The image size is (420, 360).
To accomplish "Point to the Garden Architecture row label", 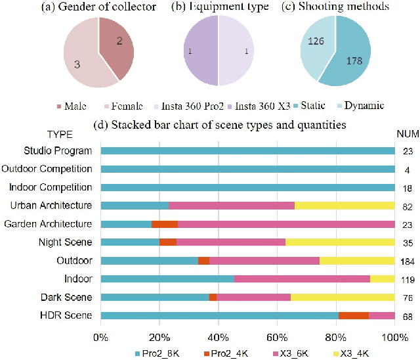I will click(x=48, y=224).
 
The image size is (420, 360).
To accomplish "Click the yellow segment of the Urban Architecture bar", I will click(x=345, y=206).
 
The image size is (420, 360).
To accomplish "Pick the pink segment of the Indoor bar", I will click(x=302, y=279).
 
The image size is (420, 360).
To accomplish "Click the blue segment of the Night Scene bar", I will click(x=130, y=242).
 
